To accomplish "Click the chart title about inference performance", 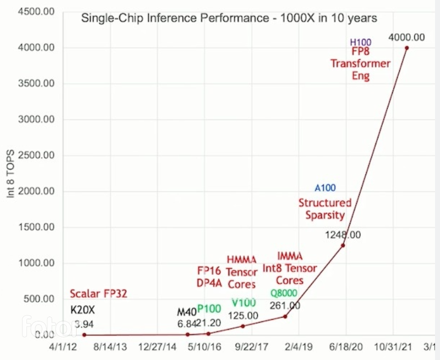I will pos(229,18).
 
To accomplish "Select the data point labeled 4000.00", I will pos(406,48).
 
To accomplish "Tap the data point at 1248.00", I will pos(343,245).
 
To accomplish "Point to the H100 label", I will pos(361,42).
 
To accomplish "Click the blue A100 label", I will pos(325,188).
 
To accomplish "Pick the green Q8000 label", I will pos(284,293).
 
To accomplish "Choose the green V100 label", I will pos(243,303).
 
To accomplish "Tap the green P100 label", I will pos(209,309).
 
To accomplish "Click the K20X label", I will pos(83,310).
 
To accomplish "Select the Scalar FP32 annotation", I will pos(99,293).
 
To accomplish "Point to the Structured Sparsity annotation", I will pos(325,209).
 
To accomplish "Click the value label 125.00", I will pos(243,315).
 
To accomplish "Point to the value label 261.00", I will pos(285,305).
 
